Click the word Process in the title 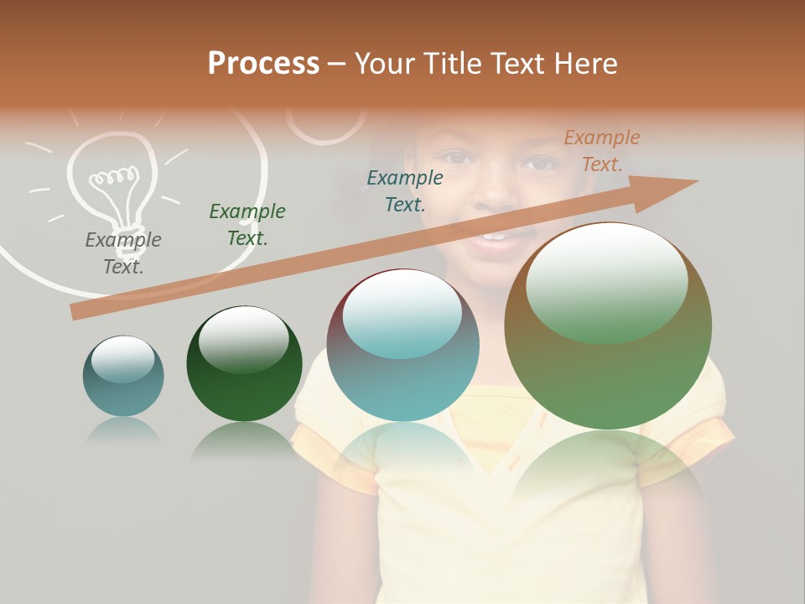coord(263,64)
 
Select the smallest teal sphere coord(123,376)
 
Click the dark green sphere coord(244,363)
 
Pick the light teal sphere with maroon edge coord(402,345)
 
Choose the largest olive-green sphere coord(608,325)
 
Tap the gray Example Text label coord(123,253)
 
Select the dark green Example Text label coord(247,224)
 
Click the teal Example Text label coord(405,190)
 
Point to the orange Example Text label coord(601,150)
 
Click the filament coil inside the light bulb coord(114,177)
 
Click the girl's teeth coord(495,237)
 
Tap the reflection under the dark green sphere coord(243,440)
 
